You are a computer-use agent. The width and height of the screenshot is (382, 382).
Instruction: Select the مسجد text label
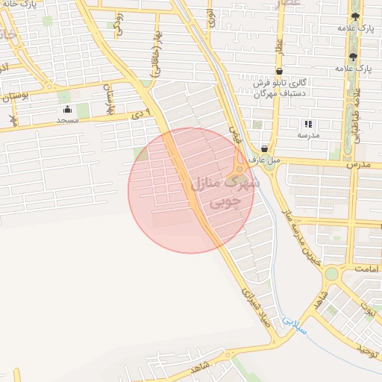point(67,120)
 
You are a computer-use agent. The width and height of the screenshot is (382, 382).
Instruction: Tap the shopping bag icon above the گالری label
point(278,72)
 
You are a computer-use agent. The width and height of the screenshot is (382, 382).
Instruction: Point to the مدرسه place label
point(308,135)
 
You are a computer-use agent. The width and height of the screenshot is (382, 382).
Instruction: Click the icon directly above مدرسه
point(308,124)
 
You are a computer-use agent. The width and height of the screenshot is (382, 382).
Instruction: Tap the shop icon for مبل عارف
point(264,148)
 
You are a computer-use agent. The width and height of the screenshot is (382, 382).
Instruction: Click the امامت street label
point(367,268)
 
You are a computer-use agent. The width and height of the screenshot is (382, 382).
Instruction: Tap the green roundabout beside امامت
point(331,275)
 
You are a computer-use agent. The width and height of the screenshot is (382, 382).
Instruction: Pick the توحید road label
point(369,349)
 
